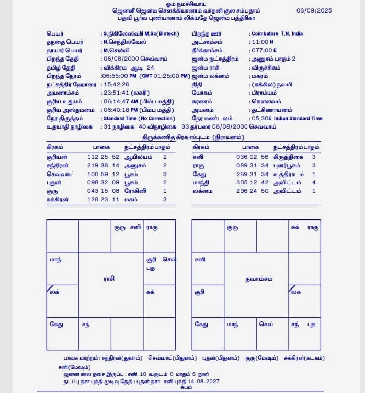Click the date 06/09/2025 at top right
tap(314, 10)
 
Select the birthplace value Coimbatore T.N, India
tap(277, 34)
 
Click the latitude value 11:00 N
tap(263, 42)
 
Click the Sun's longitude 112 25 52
tap(104, 156)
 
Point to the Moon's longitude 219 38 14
tap(104, 165)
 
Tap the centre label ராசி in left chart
tap(109, 279)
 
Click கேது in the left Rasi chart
tap(56, 325)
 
